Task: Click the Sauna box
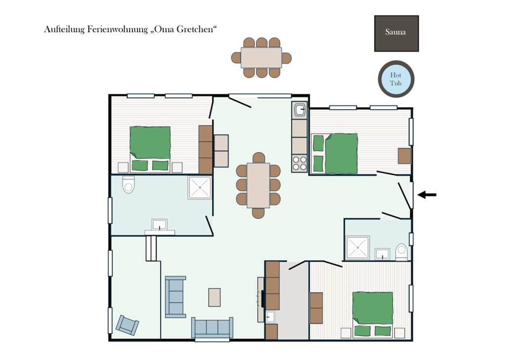pyautogui.click(x=396, y=33)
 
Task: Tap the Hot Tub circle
pyautogui.click(x=396, y=79)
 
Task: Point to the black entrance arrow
pyautogui.click(x=427, y=195)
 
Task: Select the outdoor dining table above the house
pyautogui.click(x=261, y=57)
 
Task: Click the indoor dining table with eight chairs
pyautogui.click(x=258, y=185)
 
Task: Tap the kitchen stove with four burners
pyautogui.click(x=299, y=163)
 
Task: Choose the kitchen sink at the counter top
pyautogui.click(x=300, y=110)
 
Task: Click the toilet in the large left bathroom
pyautogui.click(x=128, y=185)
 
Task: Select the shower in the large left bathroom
pyautogui.click(x=200, y=188)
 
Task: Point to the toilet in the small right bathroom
pyautogui.click(x=401, y=252)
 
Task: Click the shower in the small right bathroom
pyautogui.click(x=358, y=248)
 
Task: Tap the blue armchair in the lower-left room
pyautogui.click(x=127, y=325)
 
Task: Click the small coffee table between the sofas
pyautogui.click(x=214, y=297)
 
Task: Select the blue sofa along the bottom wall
pyautogui.click(x=212, y=328)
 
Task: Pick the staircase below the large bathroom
pyautogui.click(x=151, y=248)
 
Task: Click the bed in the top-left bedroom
pyautogui.click(x=150, y=149)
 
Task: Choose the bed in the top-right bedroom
pyautogui.click(x=335, y=154)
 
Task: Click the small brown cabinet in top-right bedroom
pyautogui.click(x=404, y=156)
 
